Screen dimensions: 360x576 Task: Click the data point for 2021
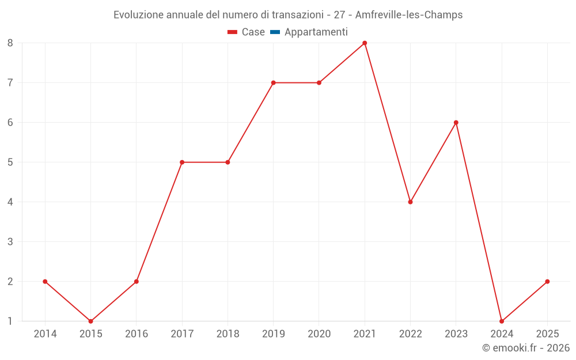(365, 43)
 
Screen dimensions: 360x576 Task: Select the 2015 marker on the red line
(90, 321)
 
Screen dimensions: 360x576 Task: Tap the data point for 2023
(456, 123)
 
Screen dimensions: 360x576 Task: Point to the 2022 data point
(410, 202)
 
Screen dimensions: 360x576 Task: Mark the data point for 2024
(502, 321)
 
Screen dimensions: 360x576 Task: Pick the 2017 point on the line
(182, 162)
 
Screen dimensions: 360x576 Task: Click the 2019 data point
(273, 83)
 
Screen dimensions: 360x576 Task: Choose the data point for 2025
(547, 282)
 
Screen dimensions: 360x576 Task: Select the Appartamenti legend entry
(316, 32)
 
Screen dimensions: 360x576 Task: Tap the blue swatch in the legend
(275, 32)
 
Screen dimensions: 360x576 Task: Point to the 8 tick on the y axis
(10, 43)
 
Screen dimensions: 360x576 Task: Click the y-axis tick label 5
(10, 162)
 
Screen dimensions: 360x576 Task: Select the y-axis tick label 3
(10, 242)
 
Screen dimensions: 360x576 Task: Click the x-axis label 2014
(45, 334)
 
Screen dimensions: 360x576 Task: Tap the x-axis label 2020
(319, 334)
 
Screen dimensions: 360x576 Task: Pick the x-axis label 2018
(228, 334)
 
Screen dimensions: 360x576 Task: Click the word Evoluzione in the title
(138, 15)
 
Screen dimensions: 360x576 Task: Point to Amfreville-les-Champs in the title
(409, 15)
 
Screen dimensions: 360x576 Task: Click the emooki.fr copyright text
(525, 348)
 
